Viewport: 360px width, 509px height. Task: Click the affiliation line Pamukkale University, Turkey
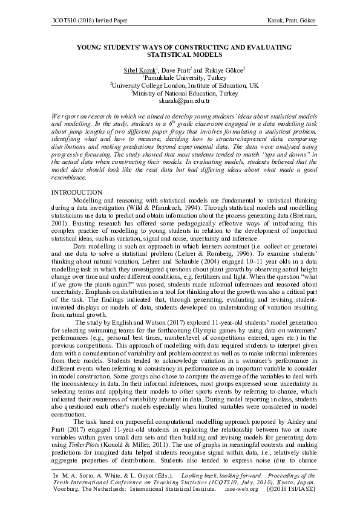pos(180,78)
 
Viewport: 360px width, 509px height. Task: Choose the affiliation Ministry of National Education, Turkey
pos(180,94)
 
